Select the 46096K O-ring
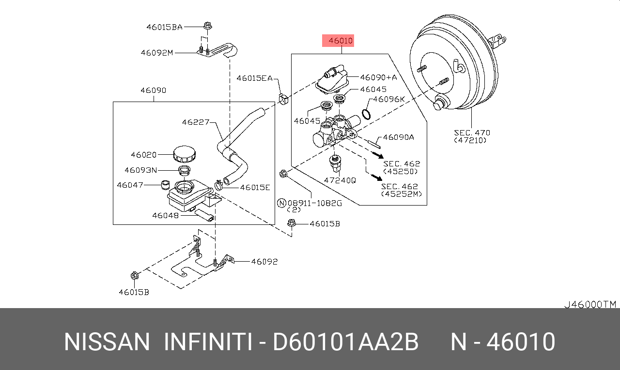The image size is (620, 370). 367,115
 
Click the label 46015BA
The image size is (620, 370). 164,27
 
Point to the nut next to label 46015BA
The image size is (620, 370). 207,26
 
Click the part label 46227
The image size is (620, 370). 196,122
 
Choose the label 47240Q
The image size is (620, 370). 340,180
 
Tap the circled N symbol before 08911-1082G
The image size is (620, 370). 281,203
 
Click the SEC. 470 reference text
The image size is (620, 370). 472,133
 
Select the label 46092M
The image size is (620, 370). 157,53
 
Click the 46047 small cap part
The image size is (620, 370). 166,185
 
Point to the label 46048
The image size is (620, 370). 166,215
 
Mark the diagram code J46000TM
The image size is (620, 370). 589,304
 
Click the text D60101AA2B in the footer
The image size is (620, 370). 345,342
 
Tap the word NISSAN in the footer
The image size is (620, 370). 107,342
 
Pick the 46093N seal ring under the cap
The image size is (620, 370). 185,170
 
